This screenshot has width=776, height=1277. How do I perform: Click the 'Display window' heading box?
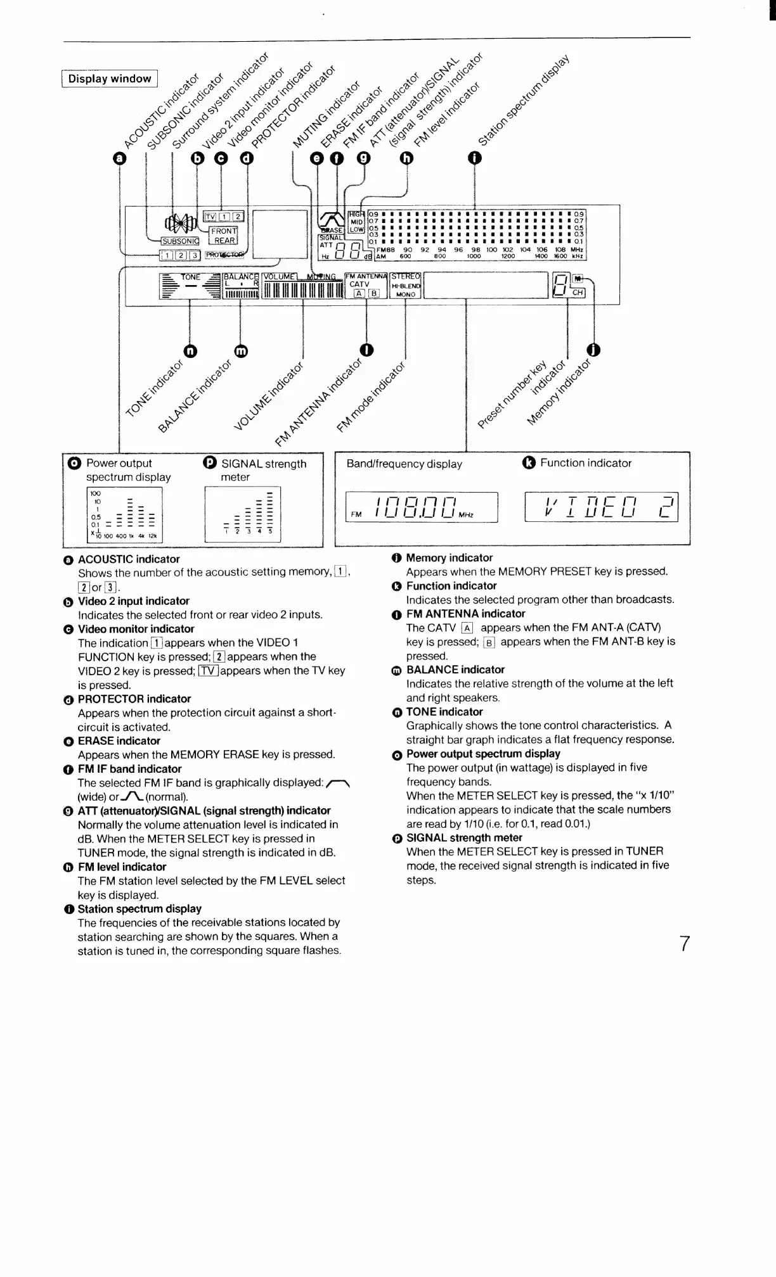tap(110, 79)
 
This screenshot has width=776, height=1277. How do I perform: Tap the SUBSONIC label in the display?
tap(180, 241)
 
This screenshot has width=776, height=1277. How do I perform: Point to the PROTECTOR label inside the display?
tap(224, 255)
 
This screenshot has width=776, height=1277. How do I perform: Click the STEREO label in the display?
tap(406, 276)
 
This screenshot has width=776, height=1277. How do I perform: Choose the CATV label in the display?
tap(359, 284)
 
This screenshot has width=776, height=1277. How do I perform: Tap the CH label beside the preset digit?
tap(578, 293)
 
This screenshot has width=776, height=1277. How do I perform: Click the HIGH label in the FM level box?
tap(357, 214)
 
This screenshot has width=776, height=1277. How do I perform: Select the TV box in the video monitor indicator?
tap(210, 217)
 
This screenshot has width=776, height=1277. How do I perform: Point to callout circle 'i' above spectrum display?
tap(474, 158)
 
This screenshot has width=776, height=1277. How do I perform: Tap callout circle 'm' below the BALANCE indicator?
tap(241, 350)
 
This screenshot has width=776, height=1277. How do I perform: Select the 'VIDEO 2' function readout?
tap(601, 507)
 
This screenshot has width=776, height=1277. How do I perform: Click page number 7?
tap(685, 944)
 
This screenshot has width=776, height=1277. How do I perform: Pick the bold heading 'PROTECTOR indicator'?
tap(134, 699)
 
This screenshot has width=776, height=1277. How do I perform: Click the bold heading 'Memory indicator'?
tap(449, 557)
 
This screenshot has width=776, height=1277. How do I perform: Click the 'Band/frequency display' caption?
tap(404, 464)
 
